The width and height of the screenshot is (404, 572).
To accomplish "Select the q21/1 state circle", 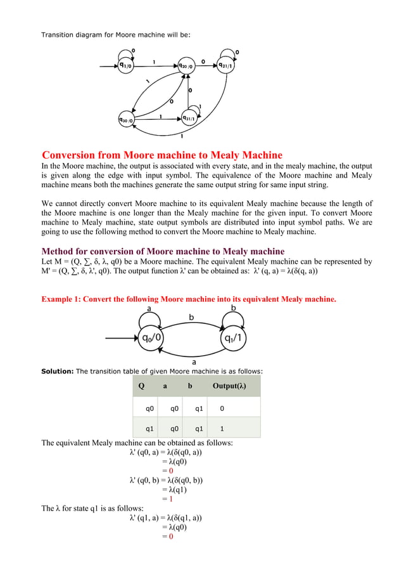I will pyautogui.click(x=225, y=65).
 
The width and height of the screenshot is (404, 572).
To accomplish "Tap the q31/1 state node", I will pyautogui.click(x=189, y=118).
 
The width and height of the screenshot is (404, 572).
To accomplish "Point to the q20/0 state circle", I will pyautogui.click(x=186, y=65).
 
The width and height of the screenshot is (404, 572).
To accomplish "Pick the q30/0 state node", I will pyautogui.click(x=127, y=119).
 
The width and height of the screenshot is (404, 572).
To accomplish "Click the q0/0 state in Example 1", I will pyautogui.click(x=149, y=338).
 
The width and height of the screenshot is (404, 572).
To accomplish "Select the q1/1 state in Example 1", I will pyautogui.click(x=234, y=338).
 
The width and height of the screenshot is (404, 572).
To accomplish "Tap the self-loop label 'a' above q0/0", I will pyautogui.click(x=149, y=308).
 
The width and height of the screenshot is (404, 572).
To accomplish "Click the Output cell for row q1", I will pyautogui.click(x=222, y=428).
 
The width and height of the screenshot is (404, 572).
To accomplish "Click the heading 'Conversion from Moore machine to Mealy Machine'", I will pyautogui.click(x=162, y=155).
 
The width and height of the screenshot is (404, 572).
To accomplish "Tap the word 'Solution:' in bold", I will pyautogui.click(x=58, y=371).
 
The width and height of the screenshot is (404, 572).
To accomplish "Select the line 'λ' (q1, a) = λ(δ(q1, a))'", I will pyautogui.click(x=166, y=517).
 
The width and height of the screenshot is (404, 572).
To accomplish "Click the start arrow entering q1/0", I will pyautogui.click(x=104, y=65).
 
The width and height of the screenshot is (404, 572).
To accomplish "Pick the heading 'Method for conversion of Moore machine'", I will pyautogui.click(x=163, y=251).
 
